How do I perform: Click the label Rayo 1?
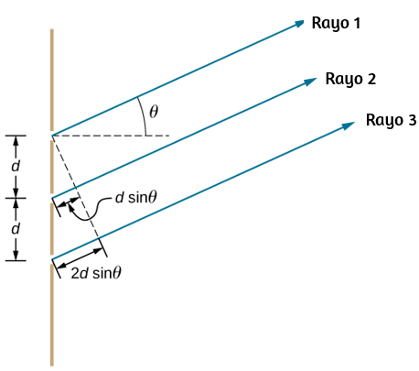pyautogui.click(x=336, y=23)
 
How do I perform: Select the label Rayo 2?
pyautogui.click(x=350, y=79)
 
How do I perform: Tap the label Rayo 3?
pyautogui.click(x=391, y=120)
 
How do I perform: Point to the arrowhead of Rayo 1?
pyautogui.click(x=298, y=24)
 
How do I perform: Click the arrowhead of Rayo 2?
pyautogui.click(x=311, y=82)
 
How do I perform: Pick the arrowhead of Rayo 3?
pyautogui.click(x=349, y=125)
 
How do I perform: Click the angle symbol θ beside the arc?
pyautogui.click(x=154, y=112)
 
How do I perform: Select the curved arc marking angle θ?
pyautogui.click(x=144, y=115)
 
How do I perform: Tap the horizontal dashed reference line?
pyautogui.click(x=111, y=136)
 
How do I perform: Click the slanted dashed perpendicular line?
pyautogui.click(x=76, y=187)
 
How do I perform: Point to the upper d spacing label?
pyautogui.click(x=16, y=167)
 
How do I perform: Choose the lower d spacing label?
pyautogui.click(x=16, y=228)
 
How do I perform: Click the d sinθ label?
pyautogui.click(x=136, y=198)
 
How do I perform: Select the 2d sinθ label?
pyautogui.click(x=96, y=273)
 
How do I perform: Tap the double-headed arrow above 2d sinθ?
pyautogui.click(x=80, y=258)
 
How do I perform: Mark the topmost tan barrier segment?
pyautogui.click(x=52, y=80)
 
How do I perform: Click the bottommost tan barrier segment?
pyautogui.click(x=52, y=315)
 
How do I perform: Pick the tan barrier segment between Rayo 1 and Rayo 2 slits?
pyautogui.click(x=52, y=167)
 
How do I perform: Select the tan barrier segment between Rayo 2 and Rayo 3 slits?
pyautogui.click(x=52, y=229)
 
